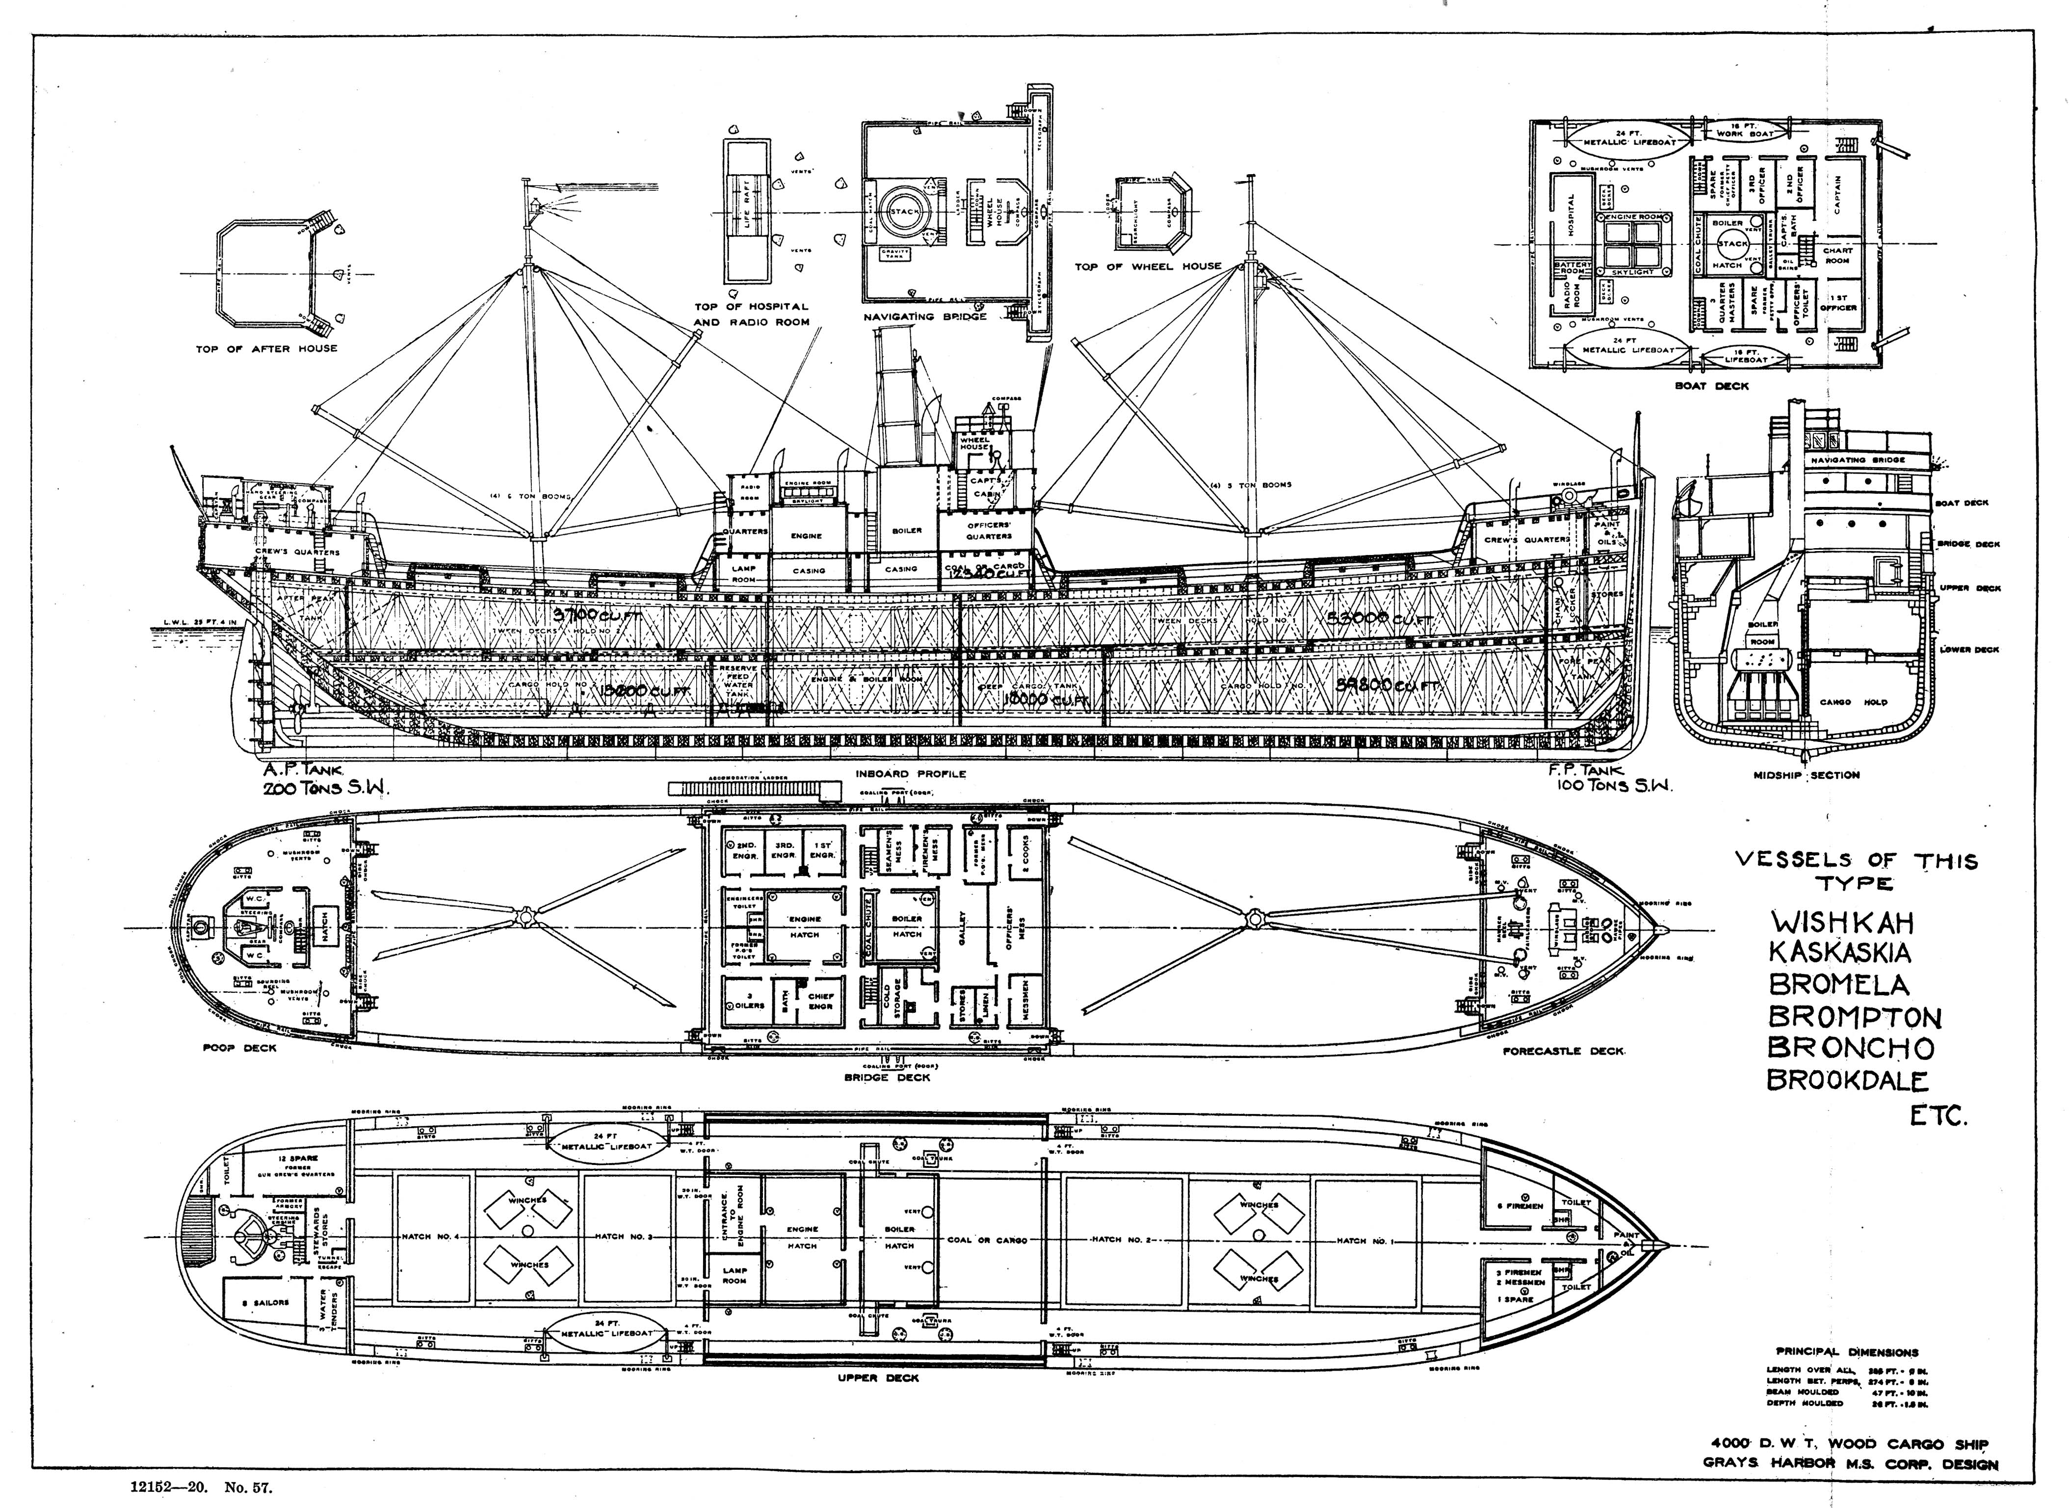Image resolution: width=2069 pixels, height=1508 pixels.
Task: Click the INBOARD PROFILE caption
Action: [x=910, y=774]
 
